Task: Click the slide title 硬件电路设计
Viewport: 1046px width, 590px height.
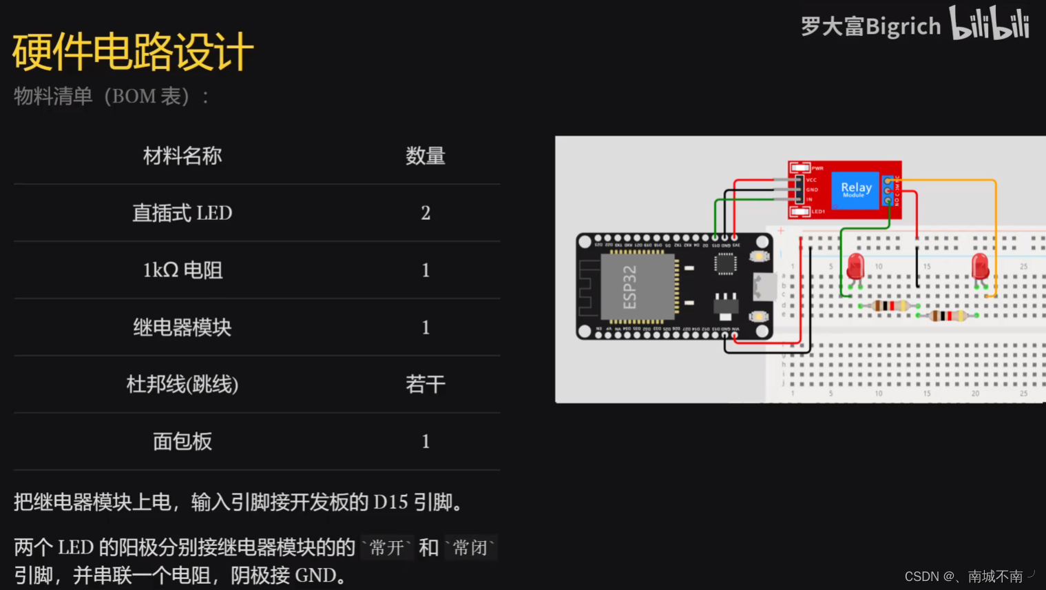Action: tap(133, 52)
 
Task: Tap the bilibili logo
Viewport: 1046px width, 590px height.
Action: tap(989, 24)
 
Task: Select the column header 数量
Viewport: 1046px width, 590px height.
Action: tap(425, 156)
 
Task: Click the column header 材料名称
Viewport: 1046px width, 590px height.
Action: tap(182, 156)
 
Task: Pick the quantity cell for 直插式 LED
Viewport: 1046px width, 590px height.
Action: tap(426, 213)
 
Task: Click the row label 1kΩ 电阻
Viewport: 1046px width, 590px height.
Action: tap(182, 270)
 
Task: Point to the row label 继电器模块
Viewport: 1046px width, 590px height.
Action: tap(182, 327)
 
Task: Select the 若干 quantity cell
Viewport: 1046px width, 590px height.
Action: tap(425, 384)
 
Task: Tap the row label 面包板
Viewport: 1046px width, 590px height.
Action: tap(182, 441)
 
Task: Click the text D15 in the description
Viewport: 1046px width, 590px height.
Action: tap(390, 502)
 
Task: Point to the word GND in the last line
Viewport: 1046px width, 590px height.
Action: tap(315, 576)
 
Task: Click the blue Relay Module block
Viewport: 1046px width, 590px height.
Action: tap(855, 190)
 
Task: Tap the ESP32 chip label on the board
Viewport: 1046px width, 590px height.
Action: tap(629, 287)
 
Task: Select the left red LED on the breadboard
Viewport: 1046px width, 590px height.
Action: tap(855, 266)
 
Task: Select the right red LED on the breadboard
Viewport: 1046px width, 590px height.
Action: tap(980, 266)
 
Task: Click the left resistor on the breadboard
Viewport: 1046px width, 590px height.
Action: tap(889, 305)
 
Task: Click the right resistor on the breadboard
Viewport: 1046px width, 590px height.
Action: tap(948, 316)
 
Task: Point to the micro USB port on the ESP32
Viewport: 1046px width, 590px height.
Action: tap(765, 286)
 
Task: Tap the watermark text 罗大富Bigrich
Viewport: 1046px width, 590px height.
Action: tap(870, 27)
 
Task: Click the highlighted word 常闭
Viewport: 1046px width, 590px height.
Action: tap(470, 548)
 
